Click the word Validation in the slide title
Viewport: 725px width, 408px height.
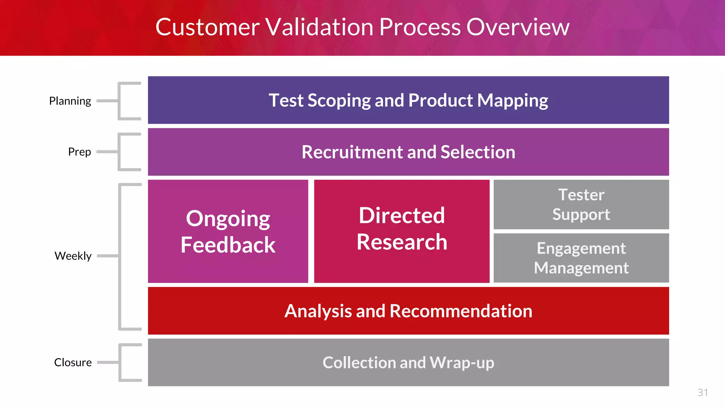(x=319, y=27)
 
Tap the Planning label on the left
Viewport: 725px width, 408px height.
(x=70, y=101)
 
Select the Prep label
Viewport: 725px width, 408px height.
(x=79, y=152)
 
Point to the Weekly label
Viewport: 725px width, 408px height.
(x=73, y=256)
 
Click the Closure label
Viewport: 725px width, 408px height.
(x=73, y=362)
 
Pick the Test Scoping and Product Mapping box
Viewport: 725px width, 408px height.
(x=408, y=100)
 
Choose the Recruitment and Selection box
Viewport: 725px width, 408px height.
(x=408, y=152)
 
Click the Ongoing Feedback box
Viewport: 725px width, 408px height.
(x=228, y=231)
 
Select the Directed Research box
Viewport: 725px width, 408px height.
(x=402, y=231)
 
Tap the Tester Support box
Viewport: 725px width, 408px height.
(x=581, y=204)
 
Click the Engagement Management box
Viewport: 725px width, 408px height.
(x=581, y=258)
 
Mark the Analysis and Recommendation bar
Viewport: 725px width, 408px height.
(x=408, y=311)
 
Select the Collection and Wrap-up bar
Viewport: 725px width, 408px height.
(x=408, y=362)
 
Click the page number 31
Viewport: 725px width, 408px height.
(x=702, y=392)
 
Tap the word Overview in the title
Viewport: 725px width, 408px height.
(x=518, y=27)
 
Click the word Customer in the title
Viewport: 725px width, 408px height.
(x=207, y=27)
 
